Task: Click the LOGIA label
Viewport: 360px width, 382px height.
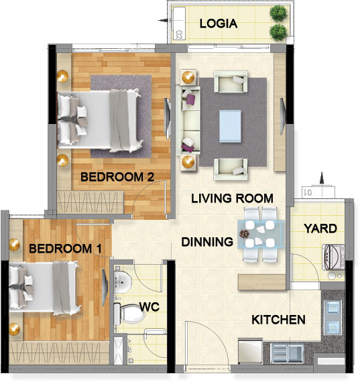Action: pos(219,23)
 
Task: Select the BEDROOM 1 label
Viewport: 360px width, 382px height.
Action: pos(66,249)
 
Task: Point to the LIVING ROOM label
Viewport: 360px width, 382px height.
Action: pos(232,198)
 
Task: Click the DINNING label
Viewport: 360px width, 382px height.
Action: pos(207,241)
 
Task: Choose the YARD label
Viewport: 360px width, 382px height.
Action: pos(320,229)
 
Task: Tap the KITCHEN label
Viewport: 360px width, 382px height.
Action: pos(279,320)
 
